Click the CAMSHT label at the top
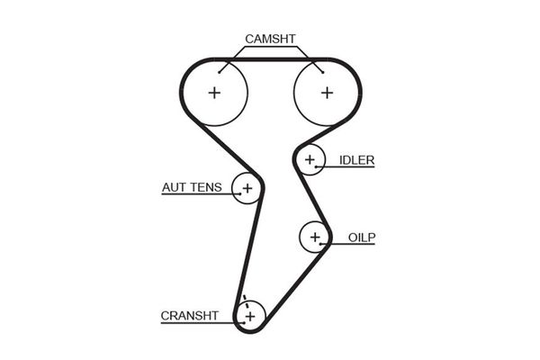pyautogui.click(x=270, y=39)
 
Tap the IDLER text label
pyautogui.click(x=356, y=160)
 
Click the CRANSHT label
pyautogui.click(x=189, y=316)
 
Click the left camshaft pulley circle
pyautogui.click(x=214, y=92)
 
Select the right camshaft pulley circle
pyautogui.click(x=326, y=92)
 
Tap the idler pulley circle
pyautogui.click(x=310, y=160)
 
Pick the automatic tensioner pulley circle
pyautogui.click(x=246, y=188)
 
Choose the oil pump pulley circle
pyautogui.click(x=314, y=237)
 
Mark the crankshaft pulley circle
pyautogui.click(x=249, y=316)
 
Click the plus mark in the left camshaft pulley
pyautogui.click(x=214, y=92)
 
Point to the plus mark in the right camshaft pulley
pyautogui.click(x=326, y=92)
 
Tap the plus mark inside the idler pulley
pyautogui.click(x=310, y=160)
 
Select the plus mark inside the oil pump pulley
pyautogui.click(x=314, y=237)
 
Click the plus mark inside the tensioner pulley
pyautogui.click(x=246, y=188)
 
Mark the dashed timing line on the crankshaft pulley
pyautogui.click(x=242, y=306)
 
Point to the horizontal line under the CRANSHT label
pyautogui.click(x=193, y=325)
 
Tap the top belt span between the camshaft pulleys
pyautogui.click(x=270, y=60)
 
